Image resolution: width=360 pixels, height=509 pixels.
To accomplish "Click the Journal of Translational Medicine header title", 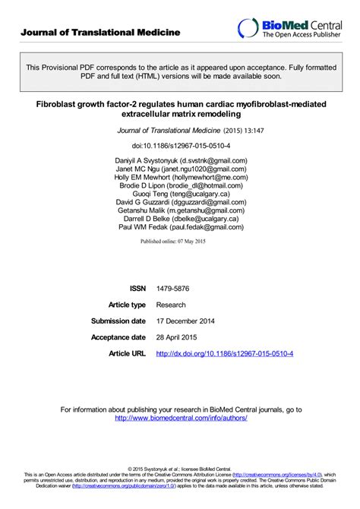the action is click(100, 32).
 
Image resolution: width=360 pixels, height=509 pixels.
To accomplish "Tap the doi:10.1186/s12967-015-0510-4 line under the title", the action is click(179, 144).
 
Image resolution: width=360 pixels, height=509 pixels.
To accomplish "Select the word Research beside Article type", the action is click(172, 305).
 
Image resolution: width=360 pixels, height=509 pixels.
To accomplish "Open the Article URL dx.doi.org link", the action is click(224, 354).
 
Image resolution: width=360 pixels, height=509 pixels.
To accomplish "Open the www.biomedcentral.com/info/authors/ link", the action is click(181, 418).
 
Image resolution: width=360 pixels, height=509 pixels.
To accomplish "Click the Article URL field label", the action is click(127, 354).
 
